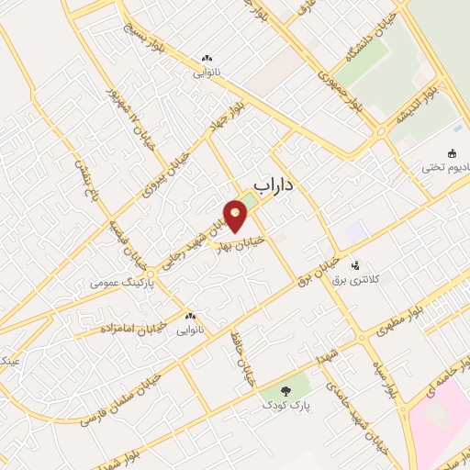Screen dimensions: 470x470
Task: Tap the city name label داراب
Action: pos(273,185)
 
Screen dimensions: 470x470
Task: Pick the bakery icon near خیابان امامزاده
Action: pos(190,316)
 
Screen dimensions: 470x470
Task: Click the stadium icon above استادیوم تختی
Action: pos(452,153)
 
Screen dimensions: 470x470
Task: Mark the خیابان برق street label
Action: pos(314,263)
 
